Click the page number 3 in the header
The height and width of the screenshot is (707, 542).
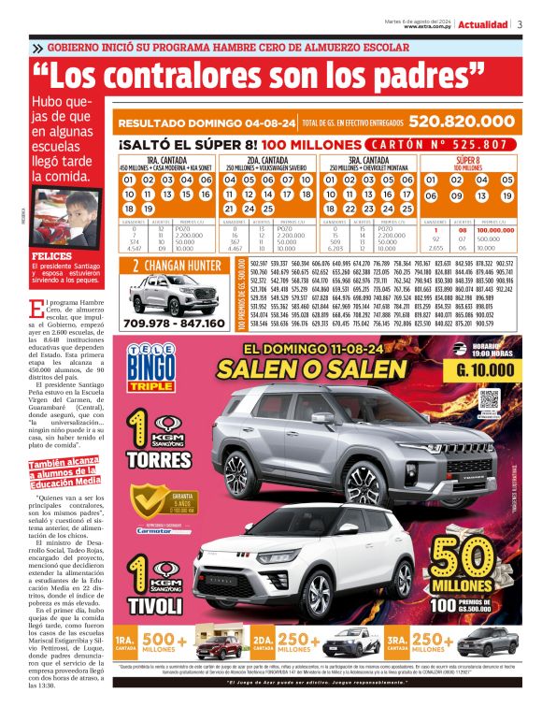[520, 24]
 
